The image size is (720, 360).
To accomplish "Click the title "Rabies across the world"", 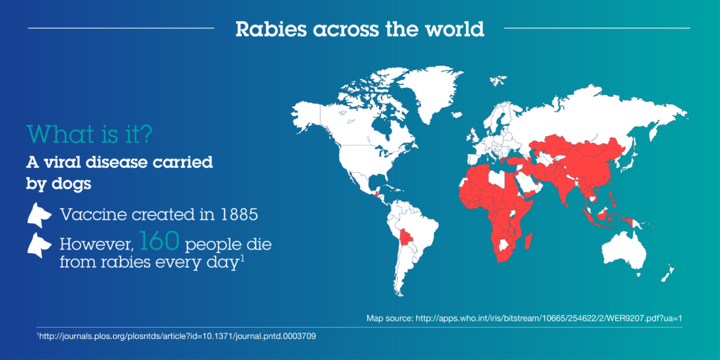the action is pyautogui.click(x=359, y=29).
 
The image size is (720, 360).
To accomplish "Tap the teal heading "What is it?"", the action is pyautogui.click(x=90, y=134).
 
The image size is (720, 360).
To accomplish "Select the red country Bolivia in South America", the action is pyautogui.click(x=407, y=238).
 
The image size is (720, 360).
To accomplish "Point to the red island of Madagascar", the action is pyautogui.click(x=529, y=240).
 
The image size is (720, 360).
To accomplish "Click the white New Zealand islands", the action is pyautogui.click(x=666, y=274).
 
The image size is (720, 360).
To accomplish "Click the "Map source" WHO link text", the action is pyautogui.click(x=525, y=318).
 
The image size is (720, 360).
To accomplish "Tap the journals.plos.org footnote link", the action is pyautogui.click(x=177, y=337).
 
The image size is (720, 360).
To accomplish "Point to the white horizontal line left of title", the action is pyautogui.click(x=121, y=28).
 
